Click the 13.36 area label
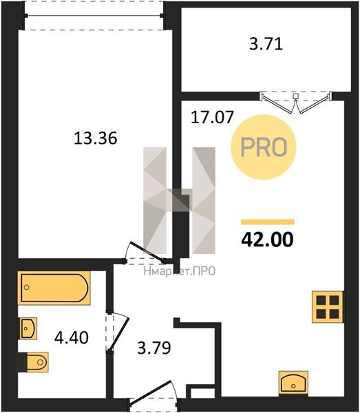pos(95,138)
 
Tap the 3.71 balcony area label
pos(266,44)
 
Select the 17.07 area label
pos(212,117)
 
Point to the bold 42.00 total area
pos(267,240)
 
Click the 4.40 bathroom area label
pos(72,338)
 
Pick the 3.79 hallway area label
pos(154,348)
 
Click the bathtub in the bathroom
pos(54,288)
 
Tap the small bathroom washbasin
pos(28,328)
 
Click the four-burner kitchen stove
pos(328,307)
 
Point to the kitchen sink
pos(293,383)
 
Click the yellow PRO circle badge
pos(264,147)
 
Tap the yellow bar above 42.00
pos(268,222)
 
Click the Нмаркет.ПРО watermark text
pos(180,271)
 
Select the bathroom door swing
pos(118,332)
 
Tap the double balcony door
pos(296,102)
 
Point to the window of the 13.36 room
pos(94,16)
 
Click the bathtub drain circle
pos(26,287)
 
